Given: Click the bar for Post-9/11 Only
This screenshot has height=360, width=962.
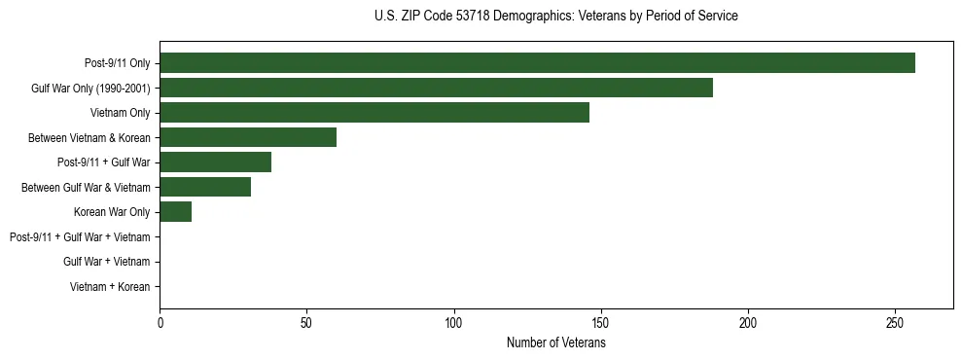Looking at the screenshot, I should [x=537, y=63].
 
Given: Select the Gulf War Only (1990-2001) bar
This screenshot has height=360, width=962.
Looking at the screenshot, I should [x=436, y=88].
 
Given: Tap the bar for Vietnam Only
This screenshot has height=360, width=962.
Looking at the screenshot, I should [x=374, y=113].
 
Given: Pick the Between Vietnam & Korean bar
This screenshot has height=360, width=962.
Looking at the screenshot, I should [x=248, y=137].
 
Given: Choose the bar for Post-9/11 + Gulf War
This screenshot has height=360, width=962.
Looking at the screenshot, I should [x=215, y=162].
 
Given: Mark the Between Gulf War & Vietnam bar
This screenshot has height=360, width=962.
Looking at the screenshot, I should [x=205, y=187].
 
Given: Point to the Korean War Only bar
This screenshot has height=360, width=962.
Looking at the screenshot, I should [x=175, y=212].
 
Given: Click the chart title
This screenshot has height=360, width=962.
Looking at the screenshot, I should [x=555, y=17].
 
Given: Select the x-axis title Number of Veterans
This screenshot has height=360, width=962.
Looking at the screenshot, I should [x=555, y=343].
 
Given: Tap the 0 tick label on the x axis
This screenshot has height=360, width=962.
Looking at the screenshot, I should [x=160, y=323].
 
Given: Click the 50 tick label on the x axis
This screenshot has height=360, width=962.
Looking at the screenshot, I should [x=306, y=323].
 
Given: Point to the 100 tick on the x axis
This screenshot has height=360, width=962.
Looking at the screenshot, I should [x=453, y=323].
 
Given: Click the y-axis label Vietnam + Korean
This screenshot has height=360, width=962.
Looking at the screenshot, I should [x=109, y=287].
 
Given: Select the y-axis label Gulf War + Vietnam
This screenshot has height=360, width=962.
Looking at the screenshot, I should [x=106, y=262].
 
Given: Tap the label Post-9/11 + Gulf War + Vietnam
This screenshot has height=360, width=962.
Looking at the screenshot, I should [x=80, y=237].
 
